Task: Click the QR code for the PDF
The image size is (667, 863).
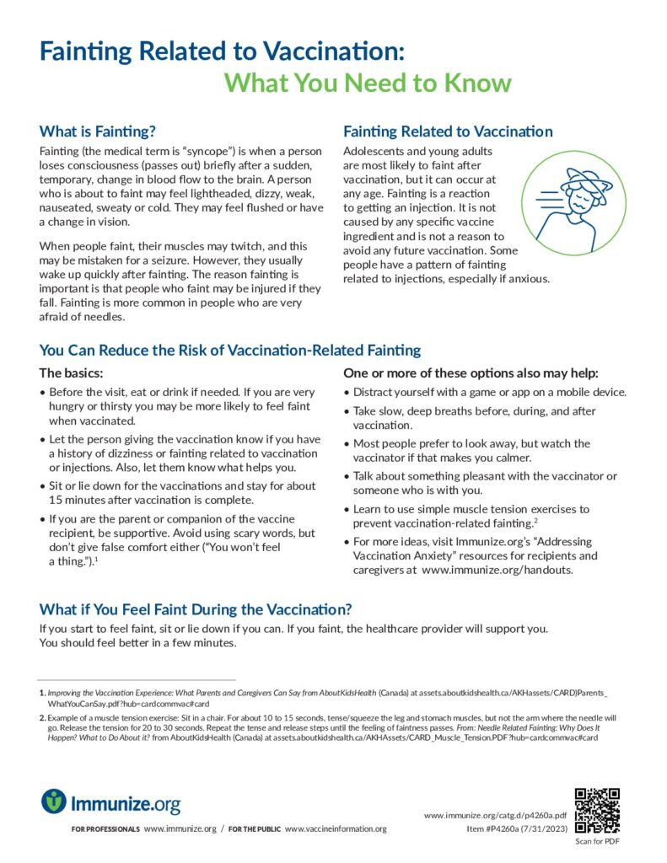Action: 597,811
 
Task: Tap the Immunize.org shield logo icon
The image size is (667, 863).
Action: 53,801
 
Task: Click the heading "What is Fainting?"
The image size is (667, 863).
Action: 98,131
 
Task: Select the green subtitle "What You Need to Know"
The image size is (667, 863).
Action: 368,83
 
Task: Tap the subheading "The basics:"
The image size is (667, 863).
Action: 72,373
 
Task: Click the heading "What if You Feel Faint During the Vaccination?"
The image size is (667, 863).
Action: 196,609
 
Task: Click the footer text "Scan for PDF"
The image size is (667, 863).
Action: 597,840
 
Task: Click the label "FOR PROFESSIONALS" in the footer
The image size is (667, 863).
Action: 106,829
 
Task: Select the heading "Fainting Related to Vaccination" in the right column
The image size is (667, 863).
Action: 448,131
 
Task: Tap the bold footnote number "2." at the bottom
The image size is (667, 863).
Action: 42,718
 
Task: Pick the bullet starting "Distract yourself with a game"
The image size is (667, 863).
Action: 489,393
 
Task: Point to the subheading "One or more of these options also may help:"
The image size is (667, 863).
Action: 471,373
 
